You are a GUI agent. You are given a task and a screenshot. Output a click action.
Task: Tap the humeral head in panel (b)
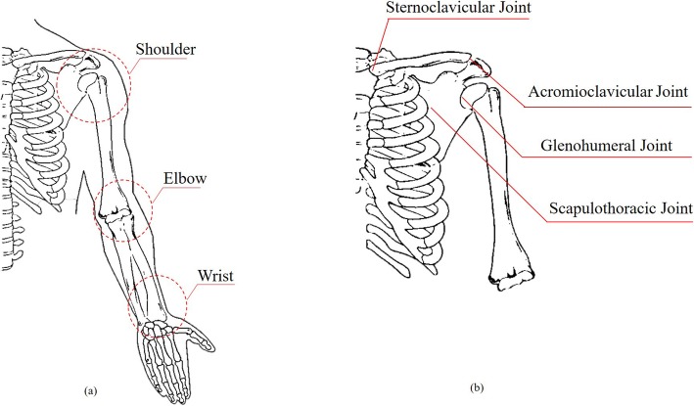click(479, 96)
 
